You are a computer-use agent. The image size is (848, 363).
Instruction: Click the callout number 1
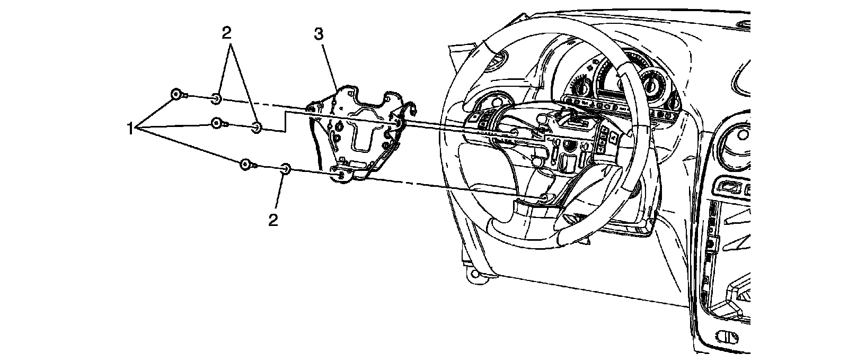tap(130, 129)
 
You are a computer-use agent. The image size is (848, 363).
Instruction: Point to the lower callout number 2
tap(273, 220)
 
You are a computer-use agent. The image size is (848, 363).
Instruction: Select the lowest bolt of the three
tap(245, 164)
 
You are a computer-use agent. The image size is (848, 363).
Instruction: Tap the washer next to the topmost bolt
tap(216, 98)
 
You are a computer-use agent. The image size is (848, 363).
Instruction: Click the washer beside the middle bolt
tap(256, 127)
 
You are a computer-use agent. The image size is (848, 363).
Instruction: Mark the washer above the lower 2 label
tap(285, 169)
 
